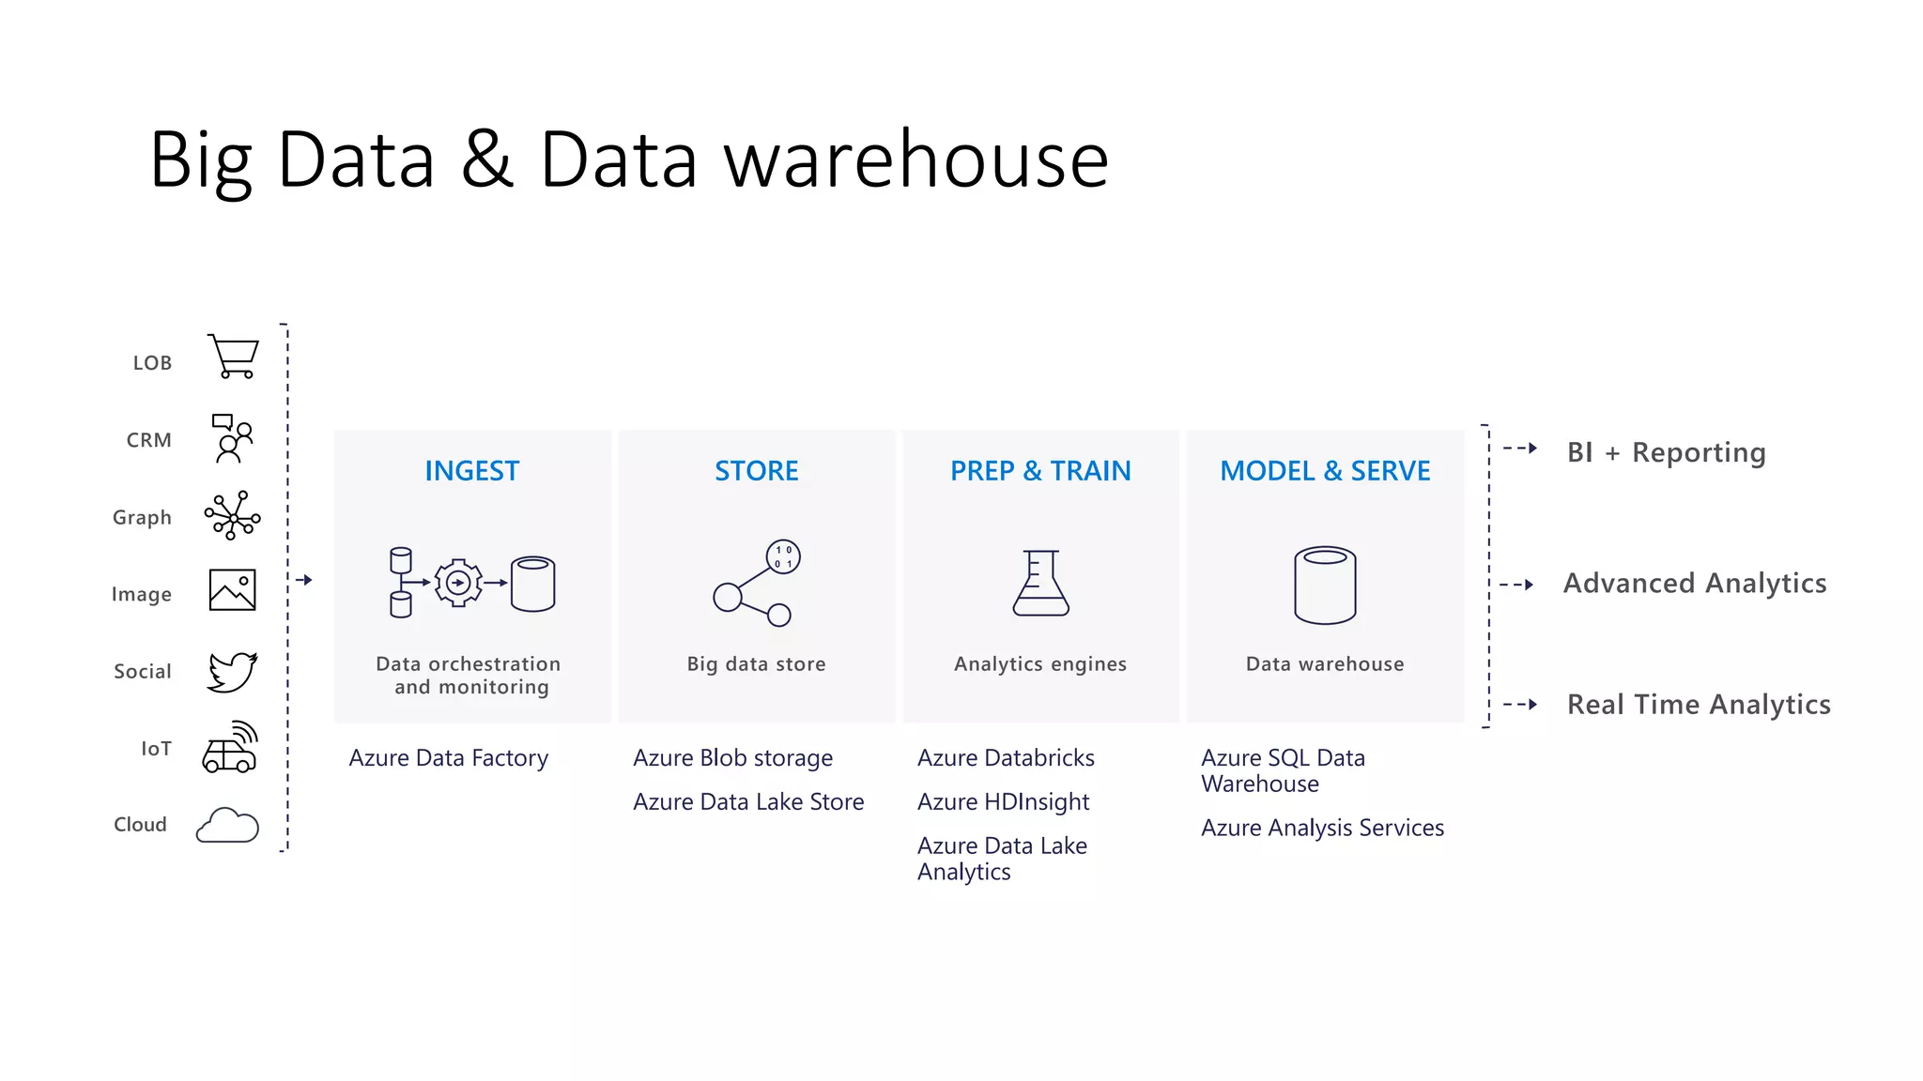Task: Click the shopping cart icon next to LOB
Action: [233, 357]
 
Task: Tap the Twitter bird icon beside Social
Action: [232, 672]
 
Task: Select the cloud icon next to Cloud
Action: [227, 825]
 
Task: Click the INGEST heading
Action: [471, 470]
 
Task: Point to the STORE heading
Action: [756, 470]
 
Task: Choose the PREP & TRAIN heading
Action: [1040, 470]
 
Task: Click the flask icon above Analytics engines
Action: [1040, 583]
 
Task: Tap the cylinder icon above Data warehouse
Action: [1325, 585]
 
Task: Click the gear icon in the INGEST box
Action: [458, 583]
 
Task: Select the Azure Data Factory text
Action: [448, 757]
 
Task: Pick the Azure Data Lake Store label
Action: [748, 801]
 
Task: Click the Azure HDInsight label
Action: [1003, 801]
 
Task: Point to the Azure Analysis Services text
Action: [1322, 828]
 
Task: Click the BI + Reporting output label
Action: [1666, 452]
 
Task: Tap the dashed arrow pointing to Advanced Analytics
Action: [1516, 585]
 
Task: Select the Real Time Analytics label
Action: [1699, 704]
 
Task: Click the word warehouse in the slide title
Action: [916, 160]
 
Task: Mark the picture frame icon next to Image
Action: [232, 590]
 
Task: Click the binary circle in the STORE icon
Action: [783, 556]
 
